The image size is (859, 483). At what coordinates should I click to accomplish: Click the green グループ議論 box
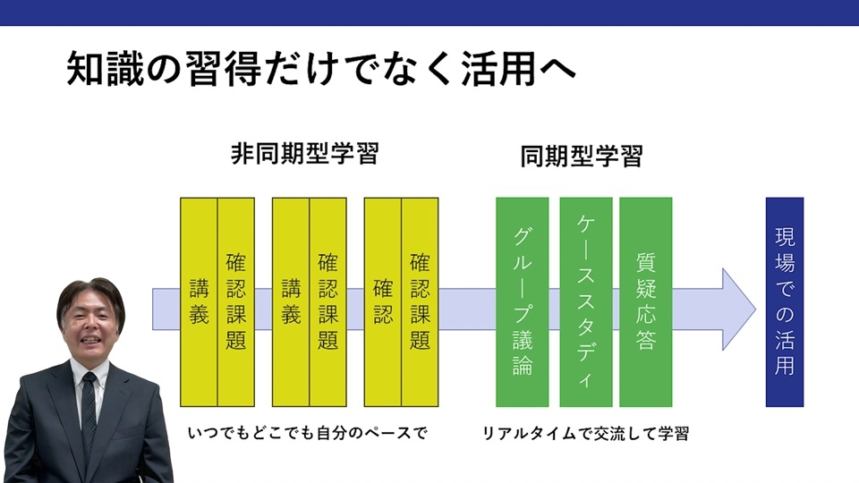(523, 301)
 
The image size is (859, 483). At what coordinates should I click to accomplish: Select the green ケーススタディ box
(586, 301)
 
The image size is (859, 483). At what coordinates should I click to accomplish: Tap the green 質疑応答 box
(645, 301)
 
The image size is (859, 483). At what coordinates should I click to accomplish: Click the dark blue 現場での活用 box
(784, 301)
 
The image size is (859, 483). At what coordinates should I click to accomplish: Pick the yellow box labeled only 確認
(383, 301)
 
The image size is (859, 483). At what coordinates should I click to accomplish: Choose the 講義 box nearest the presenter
(199, 301)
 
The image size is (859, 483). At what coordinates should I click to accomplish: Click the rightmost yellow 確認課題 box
(420, 301)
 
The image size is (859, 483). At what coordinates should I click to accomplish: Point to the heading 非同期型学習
(304, 155)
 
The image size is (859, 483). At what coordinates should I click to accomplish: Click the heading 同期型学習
(582, 157)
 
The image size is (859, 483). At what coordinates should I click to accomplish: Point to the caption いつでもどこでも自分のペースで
(308, 434)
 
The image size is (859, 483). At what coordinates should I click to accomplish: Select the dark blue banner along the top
(429, 12)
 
